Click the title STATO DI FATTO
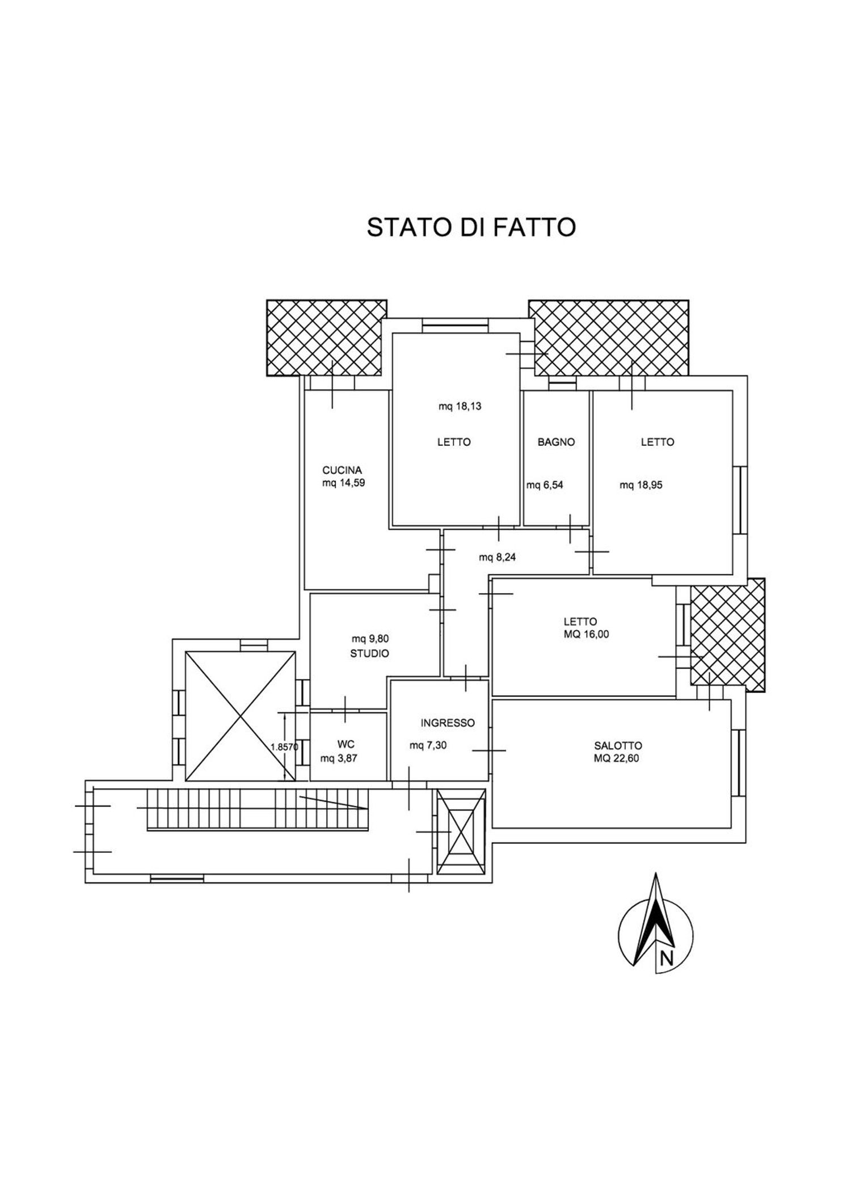pyautogui.click(x=471, y=227)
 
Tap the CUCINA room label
pyautogui.click(x=342, y=470)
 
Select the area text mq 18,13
pyautogui.click(x=460, y=406)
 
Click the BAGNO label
pyautogui.click(x=556, y=442)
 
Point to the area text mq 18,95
pyautogui.click(x=641, y=485)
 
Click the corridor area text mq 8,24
pyautogui.click(x=497, y=557)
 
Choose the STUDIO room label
pyautogui.click(x=369, y=653)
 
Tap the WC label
pyautogui.click(x=346, y=745)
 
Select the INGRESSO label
pyautogui.click(x=447, y=723)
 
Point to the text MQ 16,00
pyautogui.click(x=586, y=635)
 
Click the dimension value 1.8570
pyautogui.click(x=284, y=747)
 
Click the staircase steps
pyautogui.click(x=255, y=809)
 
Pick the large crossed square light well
pyautogui.click(x=241, y=716)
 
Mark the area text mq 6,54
pyautogui.click(x=545, y=485)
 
